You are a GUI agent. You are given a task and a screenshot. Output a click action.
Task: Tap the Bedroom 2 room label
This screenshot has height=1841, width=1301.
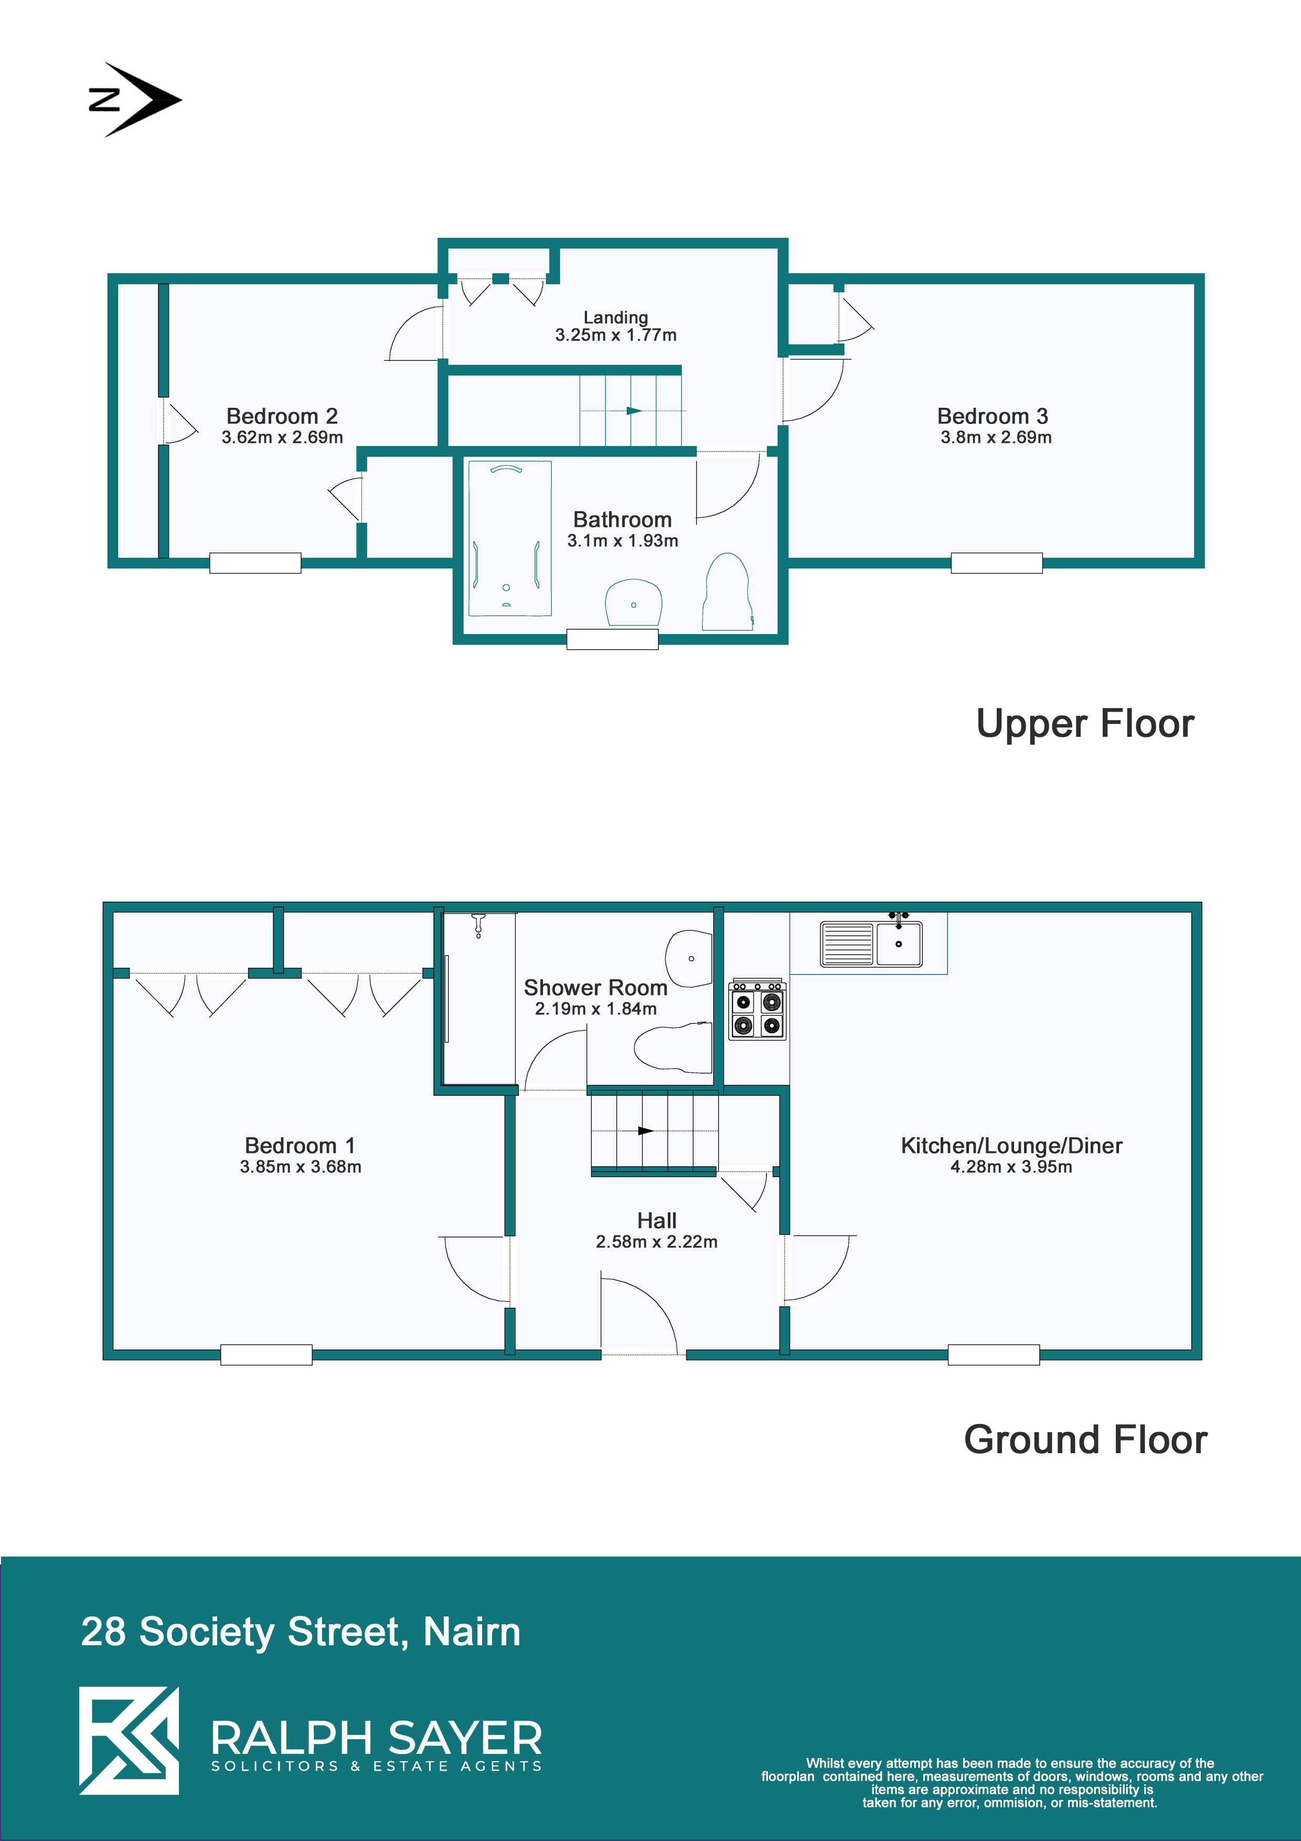tap(282, 416)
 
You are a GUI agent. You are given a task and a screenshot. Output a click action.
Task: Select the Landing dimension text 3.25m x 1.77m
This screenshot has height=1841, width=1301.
tap(616, 335)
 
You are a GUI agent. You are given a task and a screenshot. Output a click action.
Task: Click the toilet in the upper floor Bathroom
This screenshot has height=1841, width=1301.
tap(728, 592)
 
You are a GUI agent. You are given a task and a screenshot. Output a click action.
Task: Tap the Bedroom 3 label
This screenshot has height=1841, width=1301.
tap(993, 416)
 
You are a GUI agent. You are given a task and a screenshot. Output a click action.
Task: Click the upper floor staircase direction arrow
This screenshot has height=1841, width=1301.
tap(633, 410)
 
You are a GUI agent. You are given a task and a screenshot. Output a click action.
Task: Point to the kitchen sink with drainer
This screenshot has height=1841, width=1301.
tap(871, 943)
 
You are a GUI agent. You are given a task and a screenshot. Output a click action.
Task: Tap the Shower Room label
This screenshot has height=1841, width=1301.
tap(595, 988)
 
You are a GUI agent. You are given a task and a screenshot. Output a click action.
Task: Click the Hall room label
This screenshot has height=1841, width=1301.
tap(656, 1220)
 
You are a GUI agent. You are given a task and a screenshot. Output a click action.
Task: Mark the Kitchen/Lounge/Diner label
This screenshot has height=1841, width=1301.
tap(1011, 1146)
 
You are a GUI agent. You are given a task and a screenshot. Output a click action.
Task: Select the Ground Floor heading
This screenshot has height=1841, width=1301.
tap(1085, 1440)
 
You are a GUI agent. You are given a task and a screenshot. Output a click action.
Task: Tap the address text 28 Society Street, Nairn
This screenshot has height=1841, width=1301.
tap(301, 1631)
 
